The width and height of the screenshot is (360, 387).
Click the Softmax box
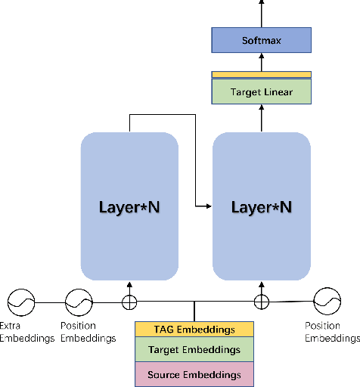(x=261, y=40)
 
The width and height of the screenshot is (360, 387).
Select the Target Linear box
(x=261, y=92)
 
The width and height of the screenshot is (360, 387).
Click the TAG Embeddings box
(x=195, y=330)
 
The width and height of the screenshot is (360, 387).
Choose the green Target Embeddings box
(x=195, y=350)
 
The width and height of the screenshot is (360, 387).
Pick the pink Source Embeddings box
(x=195, y=374)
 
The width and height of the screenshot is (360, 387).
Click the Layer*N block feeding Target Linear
(x=261, y=206)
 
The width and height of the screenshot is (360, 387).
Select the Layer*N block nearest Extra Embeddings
(x=129, y=206)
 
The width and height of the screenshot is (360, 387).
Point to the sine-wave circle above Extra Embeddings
(x=21, y=303)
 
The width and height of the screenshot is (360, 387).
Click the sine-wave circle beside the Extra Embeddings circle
(x=78, y=303)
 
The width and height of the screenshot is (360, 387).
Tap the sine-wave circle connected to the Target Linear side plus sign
(x=327, y=302)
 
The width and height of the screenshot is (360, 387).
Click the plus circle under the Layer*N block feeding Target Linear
(x=261, y=302)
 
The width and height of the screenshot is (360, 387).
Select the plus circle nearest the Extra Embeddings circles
(x=129, y=303)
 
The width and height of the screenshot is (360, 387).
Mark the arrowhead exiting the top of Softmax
(x=261, y=4)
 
